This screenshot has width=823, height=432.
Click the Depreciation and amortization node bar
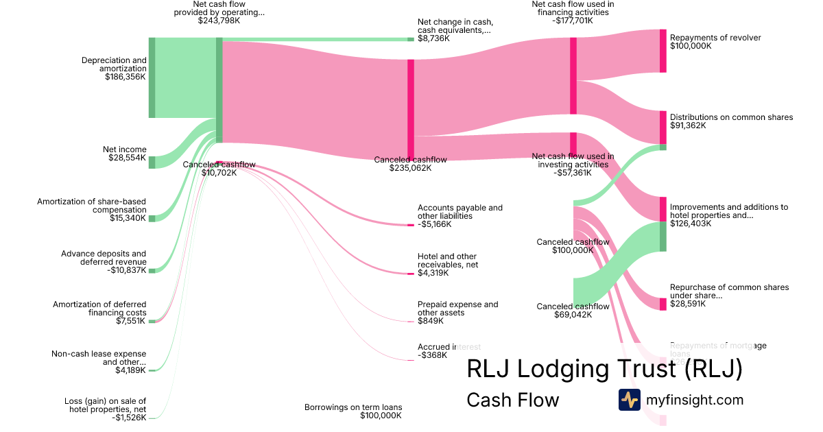point(152,77)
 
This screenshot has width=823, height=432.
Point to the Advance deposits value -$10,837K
point(128,270)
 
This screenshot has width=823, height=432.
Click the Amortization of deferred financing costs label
point(99,308)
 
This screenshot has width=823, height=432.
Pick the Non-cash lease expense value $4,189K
point(130,370)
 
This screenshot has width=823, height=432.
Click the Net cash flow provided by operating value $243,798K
point(219,21)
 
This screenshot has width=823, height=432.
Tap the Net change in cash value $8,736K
point(433,38)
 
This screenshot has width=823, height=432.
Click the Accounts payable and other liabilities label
point(460,211)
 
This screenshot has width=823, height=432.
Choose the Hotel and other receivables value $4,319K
point(433,273)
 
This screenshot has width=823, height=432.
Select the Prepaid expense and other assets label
point(457,309)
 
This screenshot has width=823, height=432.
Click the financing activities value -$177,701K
point(573,21)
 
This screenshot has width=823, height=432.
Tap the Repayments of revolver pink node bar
point(663,51)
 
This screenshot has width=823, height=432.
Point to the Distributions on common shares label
point(731,117)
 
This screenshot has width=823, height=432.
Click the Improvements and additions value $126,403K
point(691,224)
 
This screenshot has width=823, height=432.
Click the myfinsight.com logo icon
point(629,400)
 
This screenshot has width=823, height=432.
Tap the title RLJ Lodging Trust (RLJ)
point(604,369)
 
